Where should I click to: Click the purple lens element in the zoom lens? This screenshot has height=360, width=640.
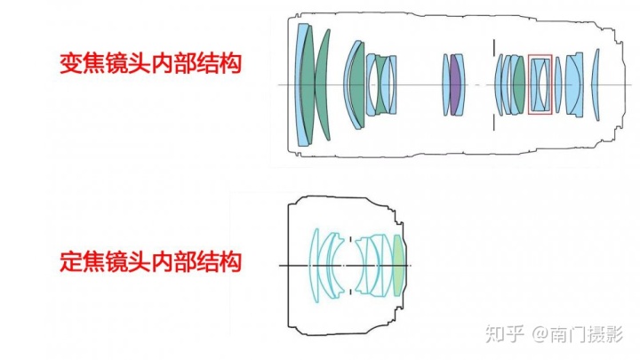[456, 84]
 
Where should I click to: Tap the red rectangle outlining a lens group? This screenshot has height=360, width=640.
[540, 84]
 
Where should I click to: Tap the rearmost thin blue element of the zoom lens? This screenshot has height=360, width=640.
[596, 84]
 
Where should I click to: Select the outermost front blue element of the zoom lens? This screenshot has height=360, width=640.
[303, 84]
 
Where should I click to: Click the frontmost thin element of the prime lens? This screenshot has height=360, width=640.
[313, 264]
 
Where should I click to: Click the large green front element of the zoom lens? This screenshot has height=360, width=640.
[322, 84]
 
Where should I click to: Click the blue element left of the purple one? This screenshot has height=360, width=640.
[447, 84]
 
